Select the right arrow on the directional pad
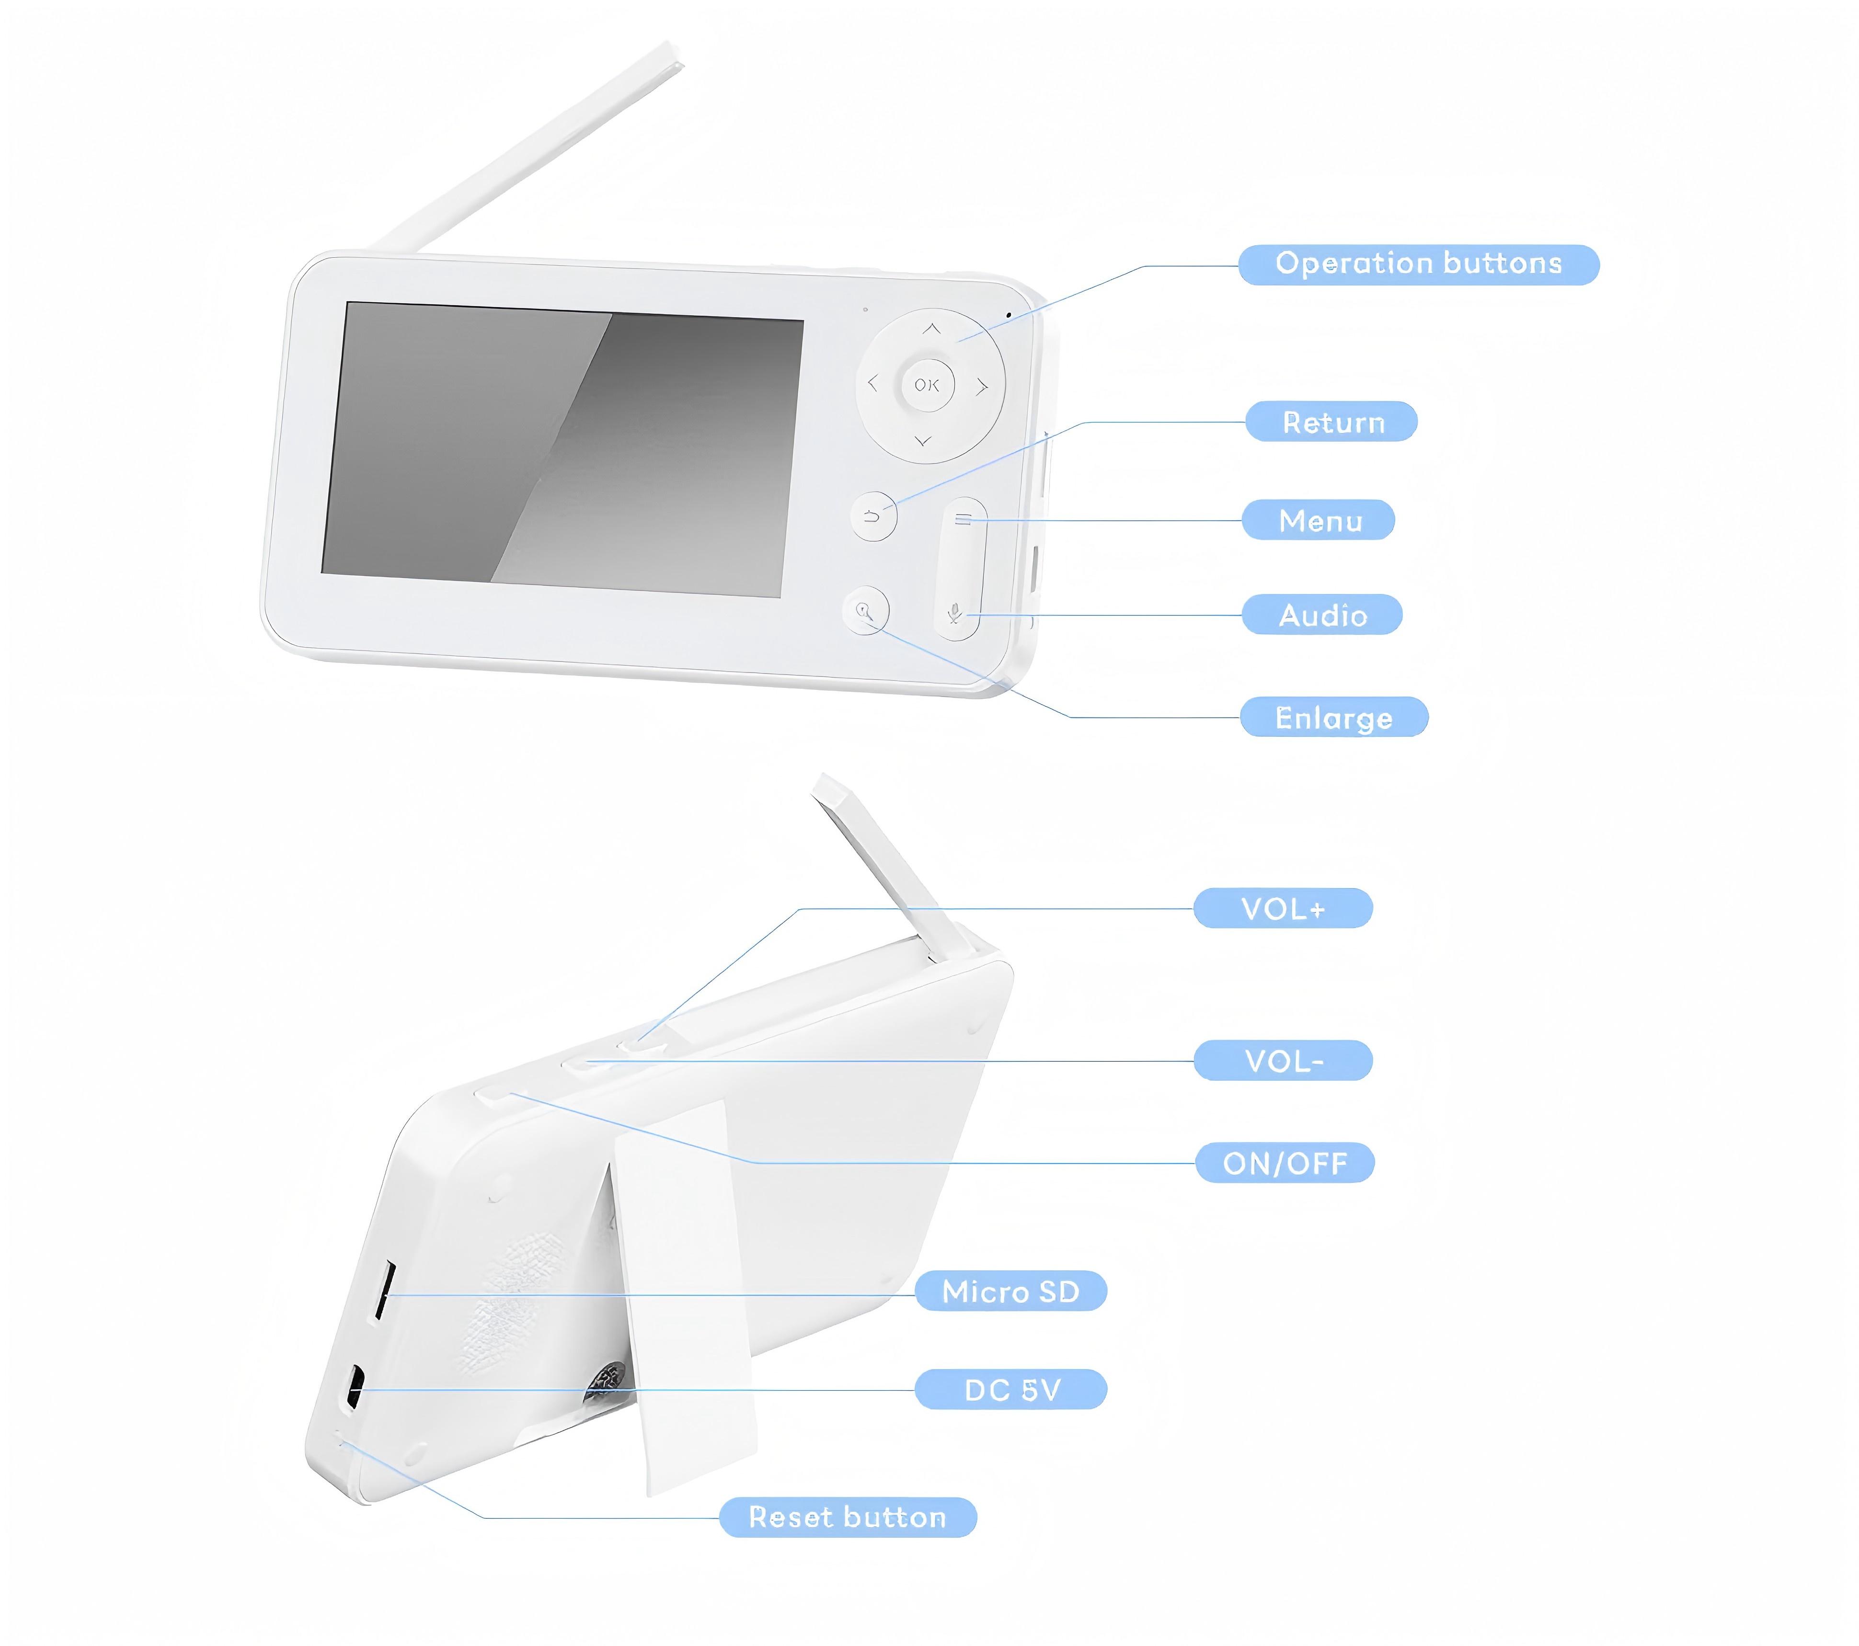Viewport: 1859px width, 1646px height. [982, 388]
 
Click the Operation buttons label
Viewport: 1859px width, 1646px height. [1418, 264]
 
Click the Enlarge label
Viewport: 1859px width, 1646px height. [1334, 718]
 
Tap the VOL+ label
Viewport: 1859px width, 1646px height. [1283, 908]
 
